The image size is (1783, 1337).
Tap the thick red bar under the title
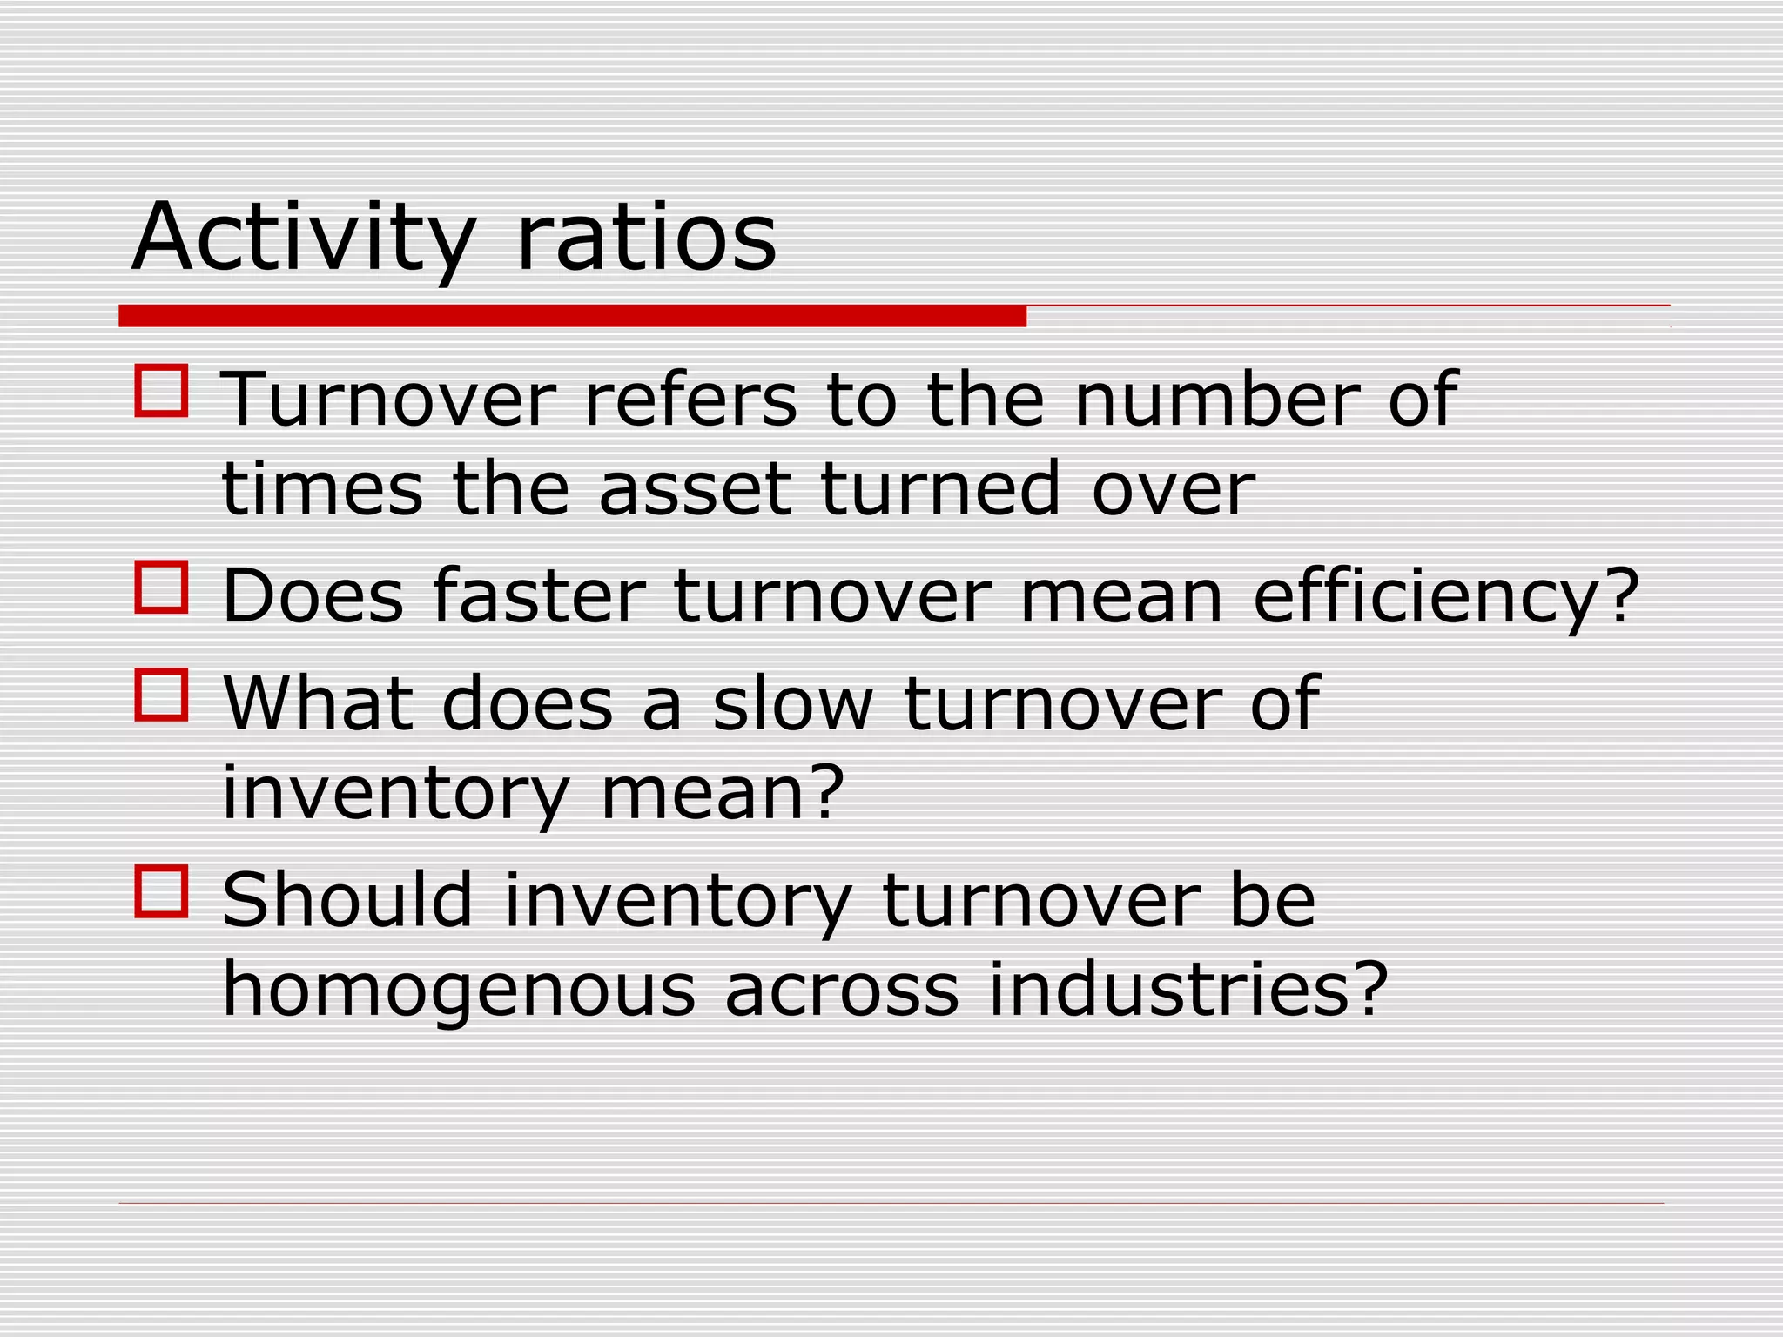point(572,316)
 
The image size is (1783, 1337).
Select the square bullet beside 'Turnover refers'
point(162,391)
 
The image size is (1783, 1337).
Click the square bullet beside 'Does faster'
point(162,588)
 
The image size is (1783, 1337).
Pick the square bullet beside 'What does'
point(162,695)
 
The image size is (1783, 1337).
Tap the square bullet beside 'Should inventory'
point(162,890)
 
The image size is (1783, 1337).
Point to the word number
point(1215,400)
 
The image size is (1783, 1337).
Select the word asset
point(695,488)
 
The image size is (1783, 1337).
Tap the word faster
point(538,595)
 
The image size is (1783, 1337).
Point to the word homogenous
point(459,990)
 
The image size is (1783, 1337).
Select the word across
point(842,990)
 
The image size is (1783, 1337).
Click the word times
point(322,488)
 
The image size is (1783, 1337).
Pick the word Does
point(313,595)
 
